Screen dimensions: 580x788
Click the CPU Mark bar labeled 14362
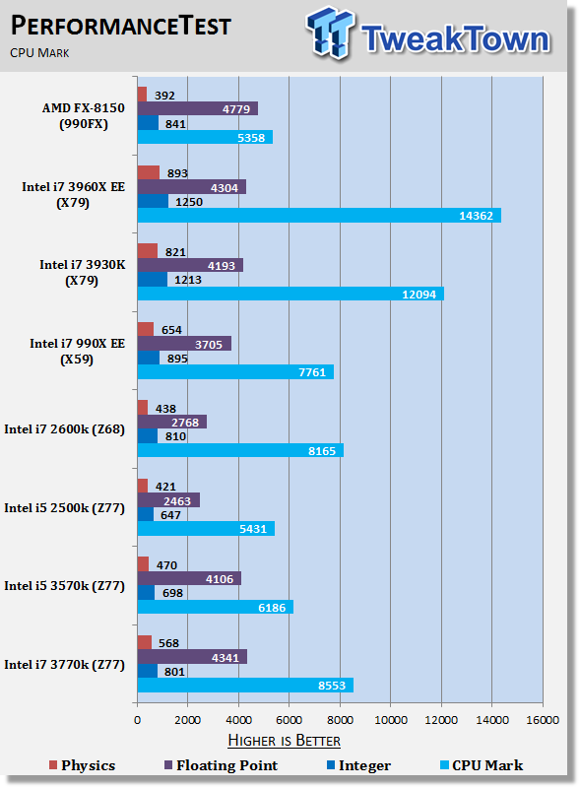click(x=319, y=215)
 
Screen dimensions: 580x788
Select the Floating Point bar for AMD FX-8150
click(x=198, y=108)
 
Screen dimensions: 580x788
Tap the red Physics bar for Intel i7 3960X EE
click(x=149, y=172)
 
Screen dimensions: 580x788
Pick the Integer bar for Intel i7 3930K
click(x=153, y=280)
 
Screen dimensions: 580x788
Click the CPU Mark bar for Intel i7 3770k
click(x=245, y=685)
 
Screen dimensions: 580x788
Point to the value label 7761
click(x=312, y=372)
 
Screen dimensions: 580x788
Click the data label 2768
click(x=185, y=423)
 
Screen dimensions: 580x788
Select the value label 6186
click(x=272, y=608)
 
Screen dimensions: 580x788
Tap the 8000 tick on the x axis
click(x=340, y=720)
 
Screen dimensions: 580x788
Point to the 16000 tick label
click(x=543, y=720)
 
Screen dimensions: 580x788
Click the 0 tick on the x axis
click(x=137, y=720)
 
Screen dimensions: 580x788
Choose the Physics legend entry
click(x=83, y=765)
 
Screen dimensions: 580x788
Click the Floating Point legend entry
click(x=222, y=765)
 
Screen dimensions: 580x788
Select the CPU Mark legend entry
click(x=482, y=765)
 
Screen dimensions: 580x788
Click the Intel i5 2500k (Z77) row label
click(x=64, y=508)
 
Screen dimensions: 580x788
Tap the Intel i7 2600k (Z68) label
click(x=64, y=429)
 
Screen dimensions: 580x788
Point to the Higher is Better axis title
click(x=284, y=741)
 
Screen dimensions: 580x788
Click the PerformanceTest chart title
click(x=120, y=26)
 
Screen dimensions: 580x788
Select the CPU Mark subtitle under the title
click(x=39, y=53)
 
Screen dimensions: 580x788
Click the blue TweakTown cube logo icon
click(x=330, y=33)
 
